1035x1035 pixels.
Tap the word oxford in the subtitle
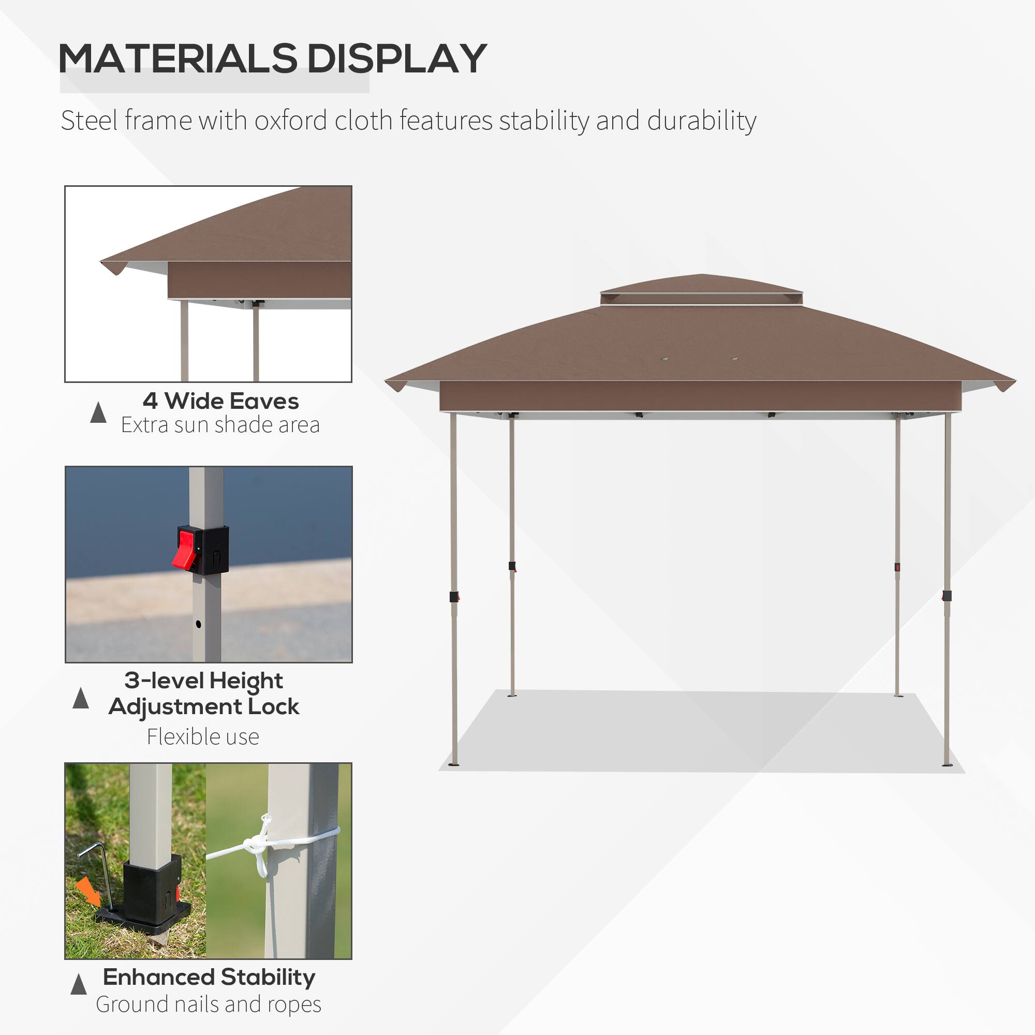click(x=290, y=121)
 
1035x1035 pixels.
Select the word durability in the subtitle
click(x=701, y=121)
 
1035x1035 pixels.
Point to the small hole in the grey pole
click(x=198, y=624)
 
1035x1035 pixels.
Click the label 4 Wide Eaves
click(x=221, y=401)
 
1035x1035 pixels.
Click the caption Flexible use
click(x=203, y=736)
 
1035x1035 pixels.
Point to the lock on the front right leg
click(x=947, y=596)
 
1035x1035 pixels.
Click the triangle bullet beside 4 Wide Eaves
click(x=98, y=412)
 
